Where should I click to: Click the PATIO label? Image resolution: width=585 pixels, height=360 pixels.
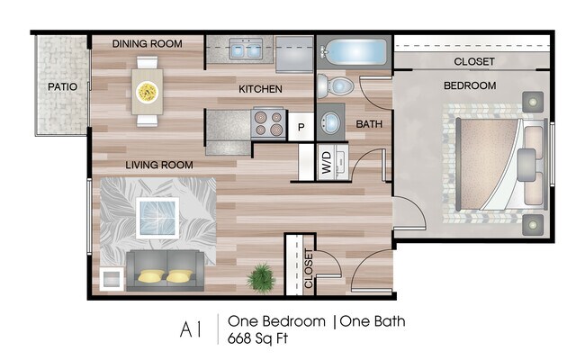(62, 87)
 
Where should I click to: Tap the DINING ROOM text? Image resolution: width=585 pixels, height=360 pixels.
(148, 43)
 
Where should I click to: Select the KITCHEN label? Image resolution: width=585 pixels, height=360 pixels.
(260, 89)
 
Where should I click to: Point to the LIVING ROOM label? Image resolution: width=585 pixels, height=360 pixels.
(159, 165)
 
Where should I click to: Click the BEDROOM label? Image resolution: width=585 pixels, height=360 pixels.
(470, 85)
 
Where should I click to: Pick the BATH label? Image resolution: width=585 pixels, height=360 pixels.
(369, 124)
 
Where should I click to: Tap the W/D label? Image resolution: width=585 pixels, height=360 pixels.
(327, 163)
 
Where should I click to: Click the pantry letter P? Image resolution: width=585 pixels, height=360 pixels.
(301, 127)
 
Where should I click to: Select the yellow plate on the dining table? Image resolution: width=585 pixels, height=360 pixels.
(147, 92)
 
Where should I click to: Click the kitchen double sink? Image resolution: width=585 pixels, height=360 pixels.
(245, 49)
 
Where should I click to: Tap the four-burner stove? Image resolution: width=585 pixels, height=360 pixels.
(268, 123)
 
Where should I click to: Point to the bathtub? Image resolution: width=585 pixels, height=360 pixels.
(354, 51)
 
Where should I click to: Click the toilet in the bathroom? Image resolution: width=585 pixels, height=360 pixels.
(335, 86)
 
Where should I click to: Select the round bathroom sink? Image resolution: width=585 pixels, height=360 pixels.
(330, 121)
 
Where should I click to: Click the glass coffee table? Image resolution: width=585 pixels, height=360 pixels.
(157, 218)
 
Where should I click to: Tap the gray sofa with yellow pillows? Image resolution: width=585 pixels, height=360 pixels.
(166, 271)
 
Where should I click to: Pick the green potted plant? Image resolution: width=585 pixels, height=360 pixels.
(261, 278)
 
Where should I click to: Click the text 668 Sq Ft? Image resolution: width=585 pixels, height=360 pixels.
(257, 338)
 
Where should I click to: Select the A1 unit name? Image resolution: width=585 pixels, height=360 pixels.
(191, 329)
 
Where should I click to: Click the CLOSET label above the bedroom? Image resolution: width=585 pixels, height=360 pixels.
(474, 61)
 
